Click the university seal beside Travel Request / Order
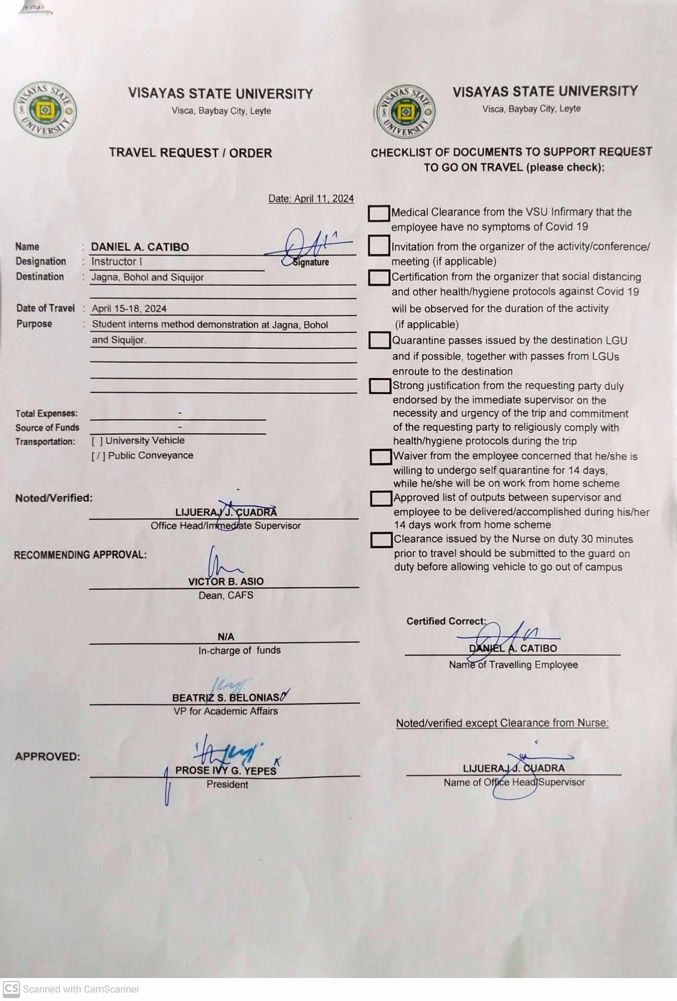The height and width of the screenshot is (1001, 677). click(45, 110)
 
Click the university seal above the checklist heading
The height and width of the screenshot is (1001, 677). click(405, 112)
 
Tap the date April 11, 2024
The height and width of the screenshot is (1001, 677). click(311, 199)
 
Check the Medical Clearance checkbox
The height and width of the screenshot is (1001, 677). click(379, 213)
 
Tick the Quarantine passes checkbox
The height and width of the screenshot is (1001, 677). click(379, 341)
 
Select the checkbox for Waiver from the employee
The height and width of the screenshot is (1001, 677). click(380, 457)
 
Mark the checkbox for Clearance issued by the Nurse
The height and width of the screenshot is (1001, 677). click(381, 540)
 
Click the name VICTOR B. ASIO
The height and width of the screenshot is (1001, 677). click(226, 582)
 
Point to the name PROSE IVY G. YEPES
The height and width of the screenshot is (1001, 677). click(226, 770)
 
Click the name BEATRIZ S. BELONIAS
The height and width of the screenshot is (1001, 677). click(226, 698)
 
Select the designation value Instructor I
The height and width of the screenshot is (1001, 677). click(117, 261)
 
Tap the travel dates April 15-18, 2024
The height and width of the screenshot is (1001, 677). click(129, 308)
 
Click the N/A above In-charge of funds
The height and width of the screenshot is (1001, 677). click(226, 637)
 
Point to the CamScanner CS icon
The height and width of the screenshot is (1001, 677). click(11, 988)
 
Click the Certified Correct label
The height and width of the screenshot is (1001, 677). click(446, 621)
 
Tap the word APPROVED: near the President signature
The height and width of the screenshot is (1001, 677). click(47, 757)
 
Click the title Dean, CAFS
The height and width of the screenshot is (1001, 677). click(226, 596)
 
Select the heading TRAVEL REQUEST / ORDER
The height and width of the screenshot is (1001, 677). click(190, 153)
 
